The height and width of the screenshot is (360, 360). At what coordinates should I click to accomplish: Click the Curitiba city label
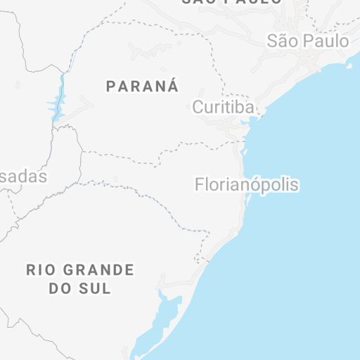click(x=224, y=108)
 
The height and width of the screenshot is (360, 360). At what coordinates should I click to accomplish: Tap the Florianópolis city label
click(x=247, y=186)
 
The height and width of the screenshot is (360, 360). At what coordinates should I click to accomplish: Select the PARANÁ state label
click(x=142, y=86)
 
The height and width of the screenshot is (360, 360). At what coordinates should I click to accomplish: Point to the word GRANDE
click(x=99, y=269)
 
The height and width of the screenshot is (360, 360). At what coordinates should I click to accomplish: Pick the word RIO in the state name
click(x=39, y=269)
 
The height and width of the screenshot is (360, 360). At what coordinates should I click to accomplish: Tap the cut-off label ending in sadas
click(x=22, y=176)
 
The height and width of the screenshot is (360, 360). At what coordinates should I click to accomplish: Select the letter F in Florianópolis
click(x=198, y=186)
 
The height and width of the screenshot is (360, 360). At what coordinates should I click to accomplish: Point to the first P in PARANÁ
click(x=110, y=86)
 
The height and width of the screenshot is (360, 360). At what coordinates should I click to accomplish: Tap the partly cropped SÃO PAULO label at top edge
click(x=232, y=2)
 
